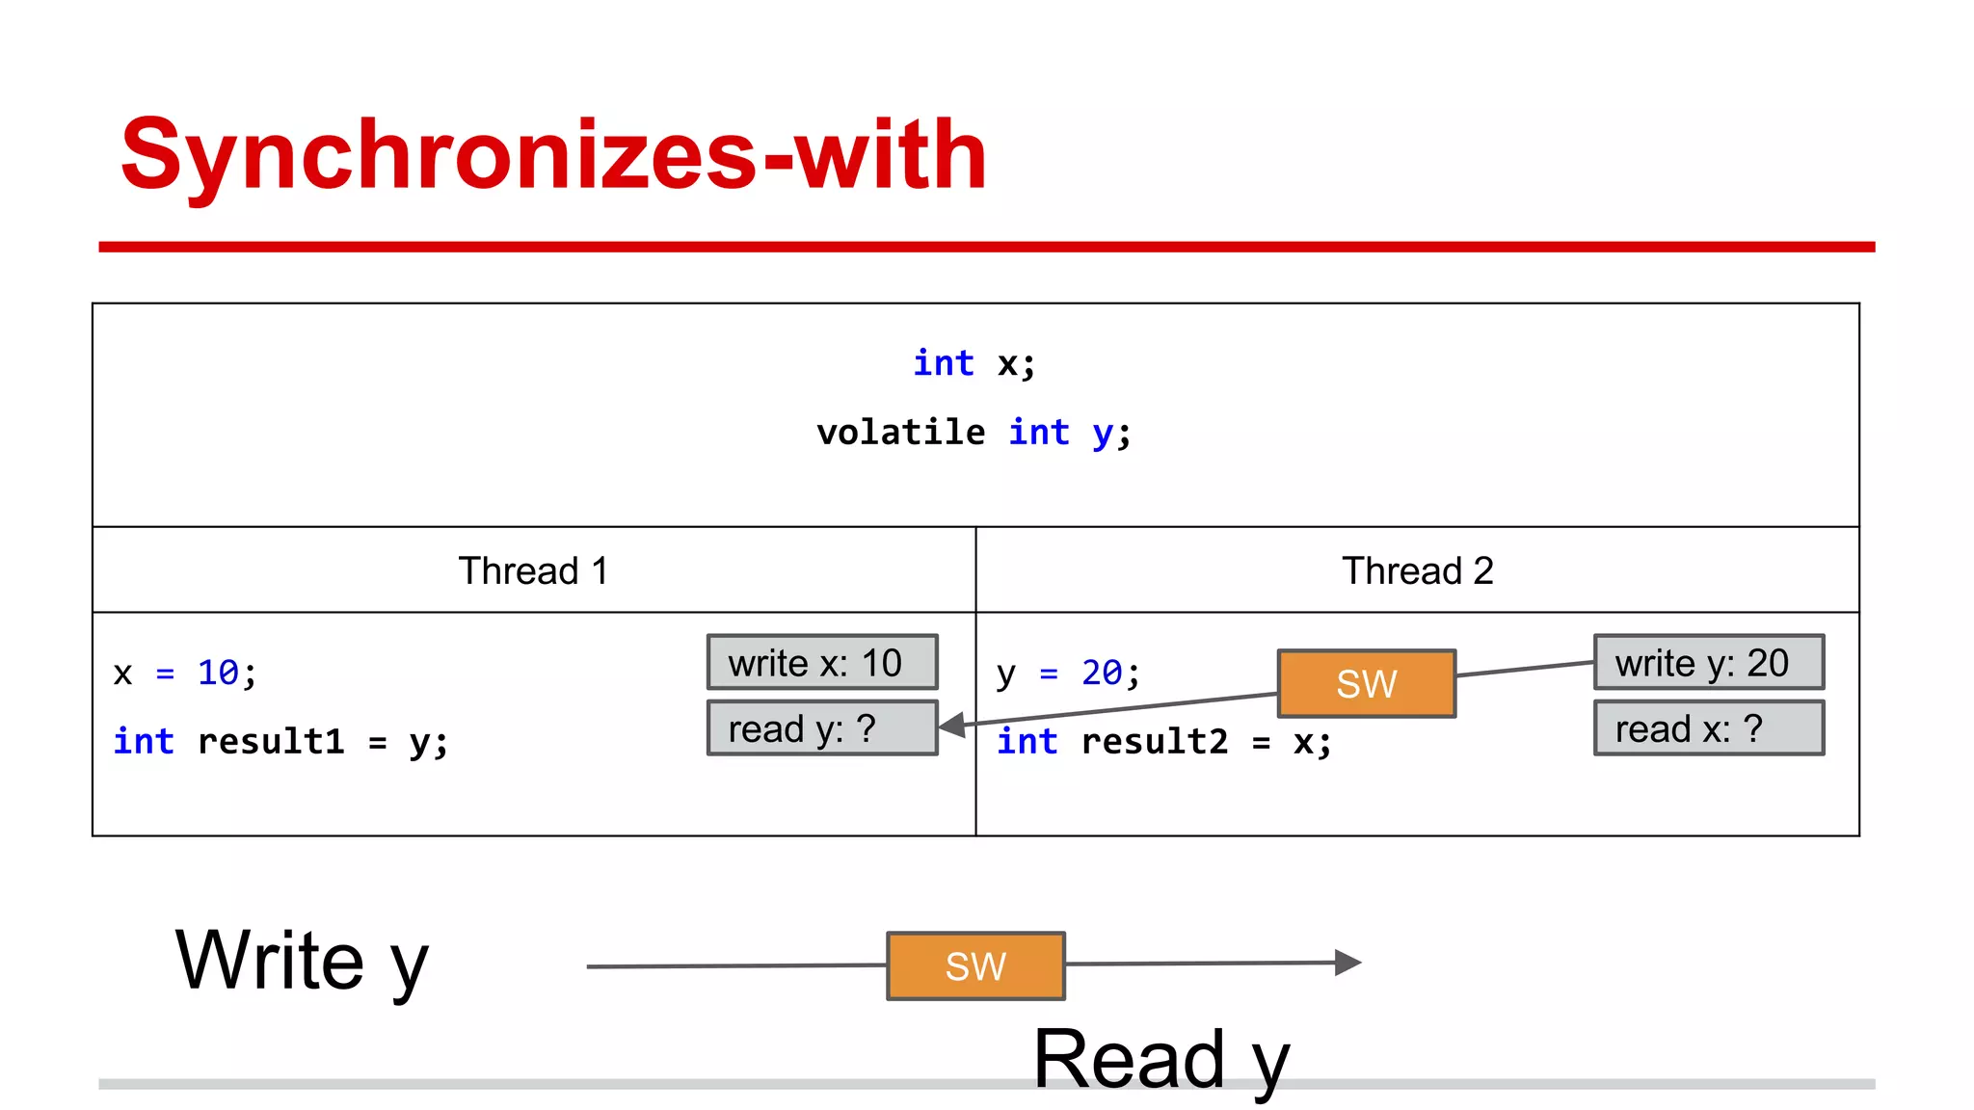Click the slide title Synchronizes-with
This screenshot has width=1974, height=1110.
point(553,154)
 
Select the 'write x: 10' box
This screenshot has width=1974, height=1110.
point(822,662)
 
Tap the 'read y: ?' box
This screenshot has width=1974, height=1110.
point(822,728)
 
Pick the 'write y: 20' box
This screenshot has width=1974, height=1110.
point(1708,662)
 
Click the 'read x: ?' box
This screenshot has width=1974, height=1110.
point(1708,728)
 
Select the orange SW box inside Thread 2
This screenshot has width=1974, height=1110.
point(1366,683)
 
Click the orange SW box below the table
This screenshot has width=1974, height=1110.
point(975,965)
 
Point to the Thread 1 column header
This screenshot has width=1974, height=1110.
point(533,570)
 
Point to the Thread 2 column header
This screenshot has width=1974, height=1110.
point(1417,570)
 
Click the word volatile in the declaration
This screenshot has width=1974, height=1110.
point(900,432)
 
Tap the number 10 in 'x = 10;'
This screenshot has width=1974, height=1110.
point(218,673)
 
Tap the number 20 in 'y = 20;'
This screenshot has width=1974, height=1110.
point(1102,673)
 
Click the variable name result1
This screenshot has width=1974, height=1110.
point(271,741)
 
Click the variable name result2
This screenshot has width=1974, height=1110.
point(1155,741)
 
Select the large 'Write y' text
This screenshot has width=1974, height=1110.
point(302,961)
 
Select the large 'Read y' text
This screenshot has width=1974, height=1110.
point(1160,1059)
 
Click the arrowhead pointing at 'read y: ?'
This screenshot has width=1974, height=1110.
point(952,725)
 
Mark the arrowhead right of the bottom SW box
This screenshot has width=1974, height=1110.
point(1347,962)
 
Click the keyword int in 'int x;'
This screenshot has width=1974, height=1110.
point(944,363)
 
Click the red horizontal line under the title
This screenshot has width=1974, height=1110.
point(986,248)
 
